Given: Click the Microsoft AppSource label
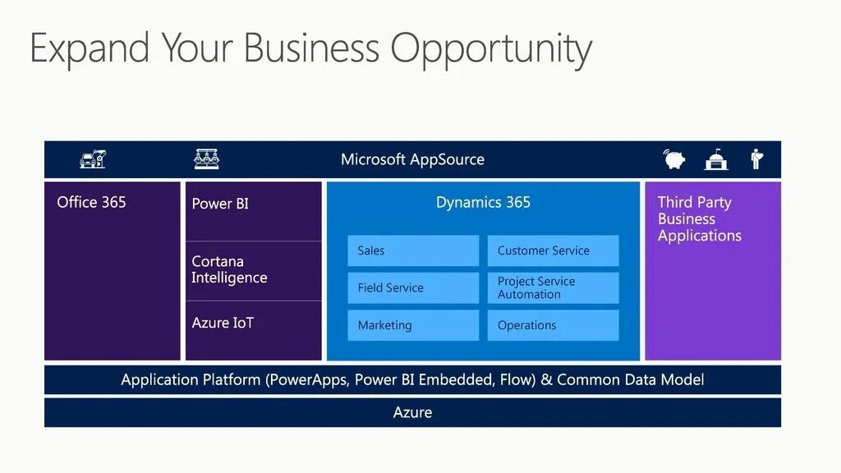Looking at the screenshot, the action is (412, 159).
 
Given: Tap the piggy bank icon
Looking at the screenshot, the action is (676, 158).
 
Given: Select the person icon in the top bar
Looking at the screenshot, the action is (756, 158).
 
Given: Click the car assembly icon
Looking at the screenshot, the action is (93, 158).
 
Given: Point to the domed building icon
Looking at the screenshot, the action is (716, 159).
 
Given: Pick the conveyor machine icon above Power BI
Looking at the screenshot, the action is (206, 158).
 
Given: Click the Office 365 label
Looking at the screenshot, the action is (91, 202).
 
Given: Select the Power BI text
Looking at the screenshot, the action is (220, 204).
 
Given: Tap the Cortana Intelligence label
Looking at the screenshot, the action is (229, 269).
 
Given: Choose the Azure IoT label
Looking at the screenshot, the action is (223, 323).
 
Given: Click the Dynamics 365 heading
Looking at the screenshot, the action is (483, 202).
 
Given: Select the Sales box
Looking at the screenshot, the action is (413, 250).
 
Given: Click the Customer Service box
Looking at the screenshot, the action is (553, 250).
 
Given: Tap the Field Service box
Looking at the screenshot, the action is (413, 288).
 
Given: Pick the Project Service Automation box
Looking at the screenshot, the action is (553, 288).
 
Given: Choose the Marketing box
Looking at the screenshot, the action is (413, 325).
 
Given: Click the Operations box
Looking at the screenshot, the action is (553, 325).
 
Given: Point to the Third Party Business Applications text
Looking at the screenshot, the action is (700, 219).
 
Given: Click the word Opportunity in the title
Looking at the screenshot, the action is (490, 49).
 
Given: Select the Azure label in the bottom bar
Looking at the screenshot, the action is (412, 412).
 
